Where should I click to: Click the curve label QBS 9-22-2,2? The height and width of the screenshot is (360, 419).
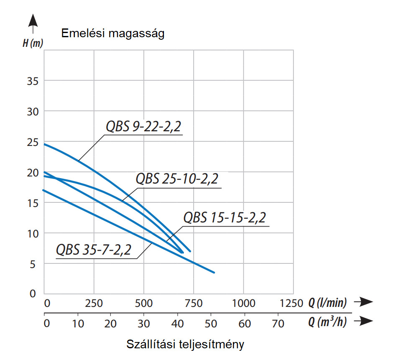144,127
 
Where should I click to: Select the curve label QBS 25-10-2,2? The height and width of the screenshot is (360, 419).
177,179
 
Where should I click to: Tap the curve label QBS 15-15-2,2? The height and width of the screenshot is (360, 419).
225,218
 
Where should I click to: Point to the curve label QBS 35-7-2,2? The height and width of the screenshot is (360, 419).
94,250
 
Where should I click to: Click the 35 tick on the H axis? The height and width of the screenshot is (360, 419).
33,80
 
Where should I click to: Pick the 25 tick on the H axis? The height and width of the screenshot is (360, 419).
33,142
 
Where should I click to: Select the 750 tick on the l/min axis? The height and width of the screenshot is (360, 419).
194,303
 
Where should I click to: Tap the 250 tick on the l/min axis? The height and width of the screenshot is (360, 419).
94,303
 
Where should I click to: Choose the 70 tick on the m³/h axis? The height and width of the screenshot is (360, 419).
278,323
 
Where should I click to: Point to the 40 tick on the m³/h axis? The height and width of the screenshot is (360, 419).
178,323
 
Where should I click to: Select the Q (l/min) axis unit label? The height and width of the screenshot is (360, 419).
327,303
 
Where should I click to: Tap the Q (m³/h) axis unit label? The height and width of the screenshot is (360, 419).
327,322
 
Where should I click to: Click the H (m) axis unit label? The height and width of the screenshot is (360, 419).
33,43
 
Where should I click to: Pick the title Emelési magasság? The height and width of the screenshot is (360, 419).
113,33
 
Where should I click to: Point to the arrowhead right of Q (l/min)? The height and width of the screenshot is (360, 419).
366,301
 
